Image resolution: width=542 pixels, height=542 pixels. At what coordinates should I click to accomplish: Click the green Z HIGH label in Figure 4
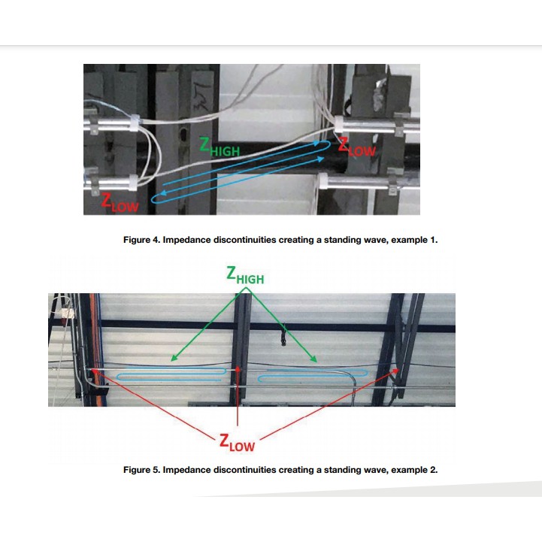(x=220, y=148)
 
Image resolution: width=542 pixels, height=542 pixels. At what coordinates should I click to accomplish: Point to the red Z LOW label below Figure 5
(x=237, y=443)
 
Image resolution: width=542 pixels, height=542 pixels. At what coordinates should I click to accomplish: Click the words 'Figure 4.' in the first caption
(x=142, y=241)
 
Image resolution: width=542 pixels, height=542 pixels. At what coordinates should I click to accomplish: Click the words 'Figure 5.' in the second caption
(x=142, y=470)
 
